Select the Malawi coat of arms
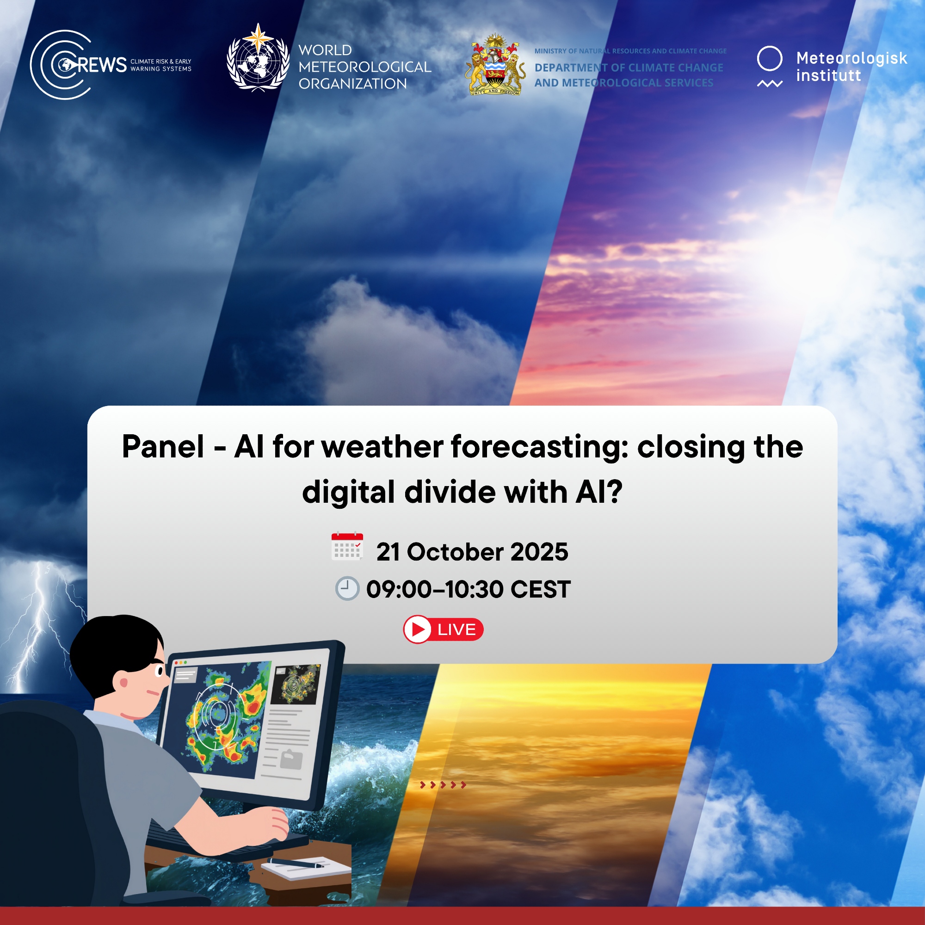pos(495,65)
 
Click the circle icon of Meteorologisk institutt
pos(770,59)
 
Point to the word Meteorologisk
pos(851,58)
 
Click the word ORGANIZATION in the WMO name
pos(353,84)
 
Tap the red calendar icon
pos(347,546)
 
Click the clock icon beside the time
pos(347,588)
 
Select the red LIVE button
pos(444,629)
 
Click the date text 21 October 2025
pos(472,552)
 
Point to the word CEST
pos(541,589)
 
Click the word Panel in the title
pos(163,447)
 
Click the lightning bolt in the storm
pos(38,627)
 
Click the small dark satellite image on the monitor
pos(296,684)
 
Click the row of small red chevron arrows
pos(443,785)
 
